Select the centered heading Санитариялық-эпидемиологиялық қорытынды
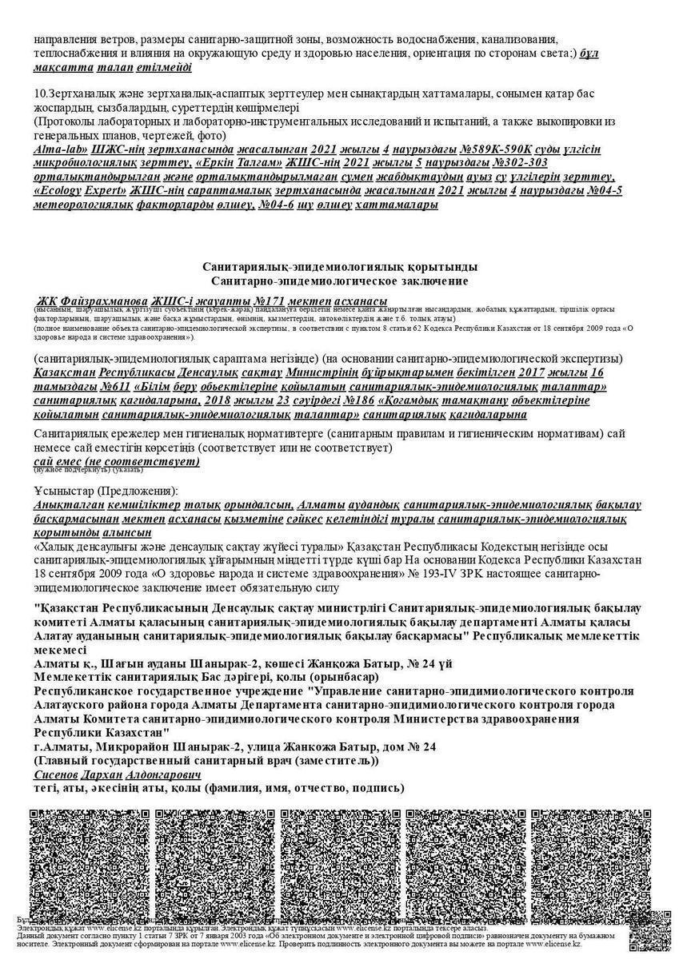point(340,266)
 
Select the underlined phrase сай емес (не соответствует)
point(117,462)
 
